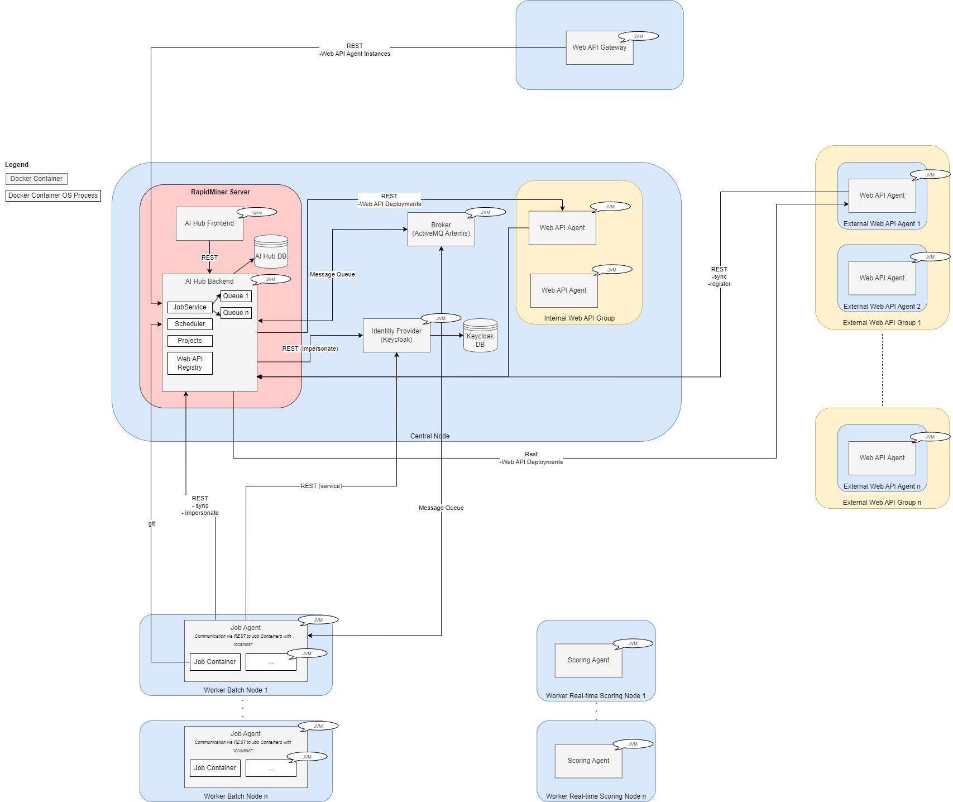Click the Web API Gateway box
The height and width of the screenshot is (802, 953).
[599, 48]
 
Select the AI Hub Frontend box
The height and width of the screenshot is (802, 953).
[209, 224]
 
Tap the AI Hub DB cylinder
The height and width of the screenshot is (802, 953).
[271, 253]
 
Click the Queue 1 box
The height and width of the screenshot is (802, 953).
[236, 296]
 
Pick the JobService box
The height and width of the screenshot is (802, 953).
[190, 307]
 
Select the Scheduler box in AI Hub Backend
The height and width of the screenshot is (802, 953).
[190, 324]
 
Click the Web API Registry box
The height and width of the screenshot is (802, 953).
[190, 363]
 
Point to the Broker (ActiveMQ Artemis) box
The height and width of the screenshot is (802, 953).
[441, 230]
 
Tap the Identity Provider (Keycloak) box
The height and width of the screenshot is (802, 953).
[396, 336]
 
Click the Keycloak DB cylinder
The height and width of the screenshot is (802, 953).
[480, 337]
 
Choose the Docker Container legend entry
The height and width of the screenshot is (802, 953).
[36, 179]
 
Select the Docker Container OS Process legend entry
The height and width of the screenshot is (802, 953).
[53, 195]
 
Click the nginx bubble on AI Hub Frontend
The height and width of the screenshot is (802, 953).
[257, 212]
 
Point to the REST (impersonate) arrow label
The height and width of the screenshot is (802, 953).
[310, 349]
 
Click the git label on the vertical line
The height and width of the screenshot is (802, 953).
[151, 523]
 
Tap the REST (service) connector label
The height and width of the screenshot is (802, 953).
[321, 486]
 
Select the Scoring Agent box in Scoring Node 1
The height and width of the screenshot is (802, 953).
[588, 660]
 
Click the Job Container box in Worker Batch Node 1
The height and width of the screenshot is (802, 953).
[215, 662]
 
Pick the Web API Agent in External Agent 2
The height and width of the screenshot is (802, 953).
[882, 278]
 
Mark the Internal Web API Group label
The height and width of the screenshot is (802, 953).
[579, 318]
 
